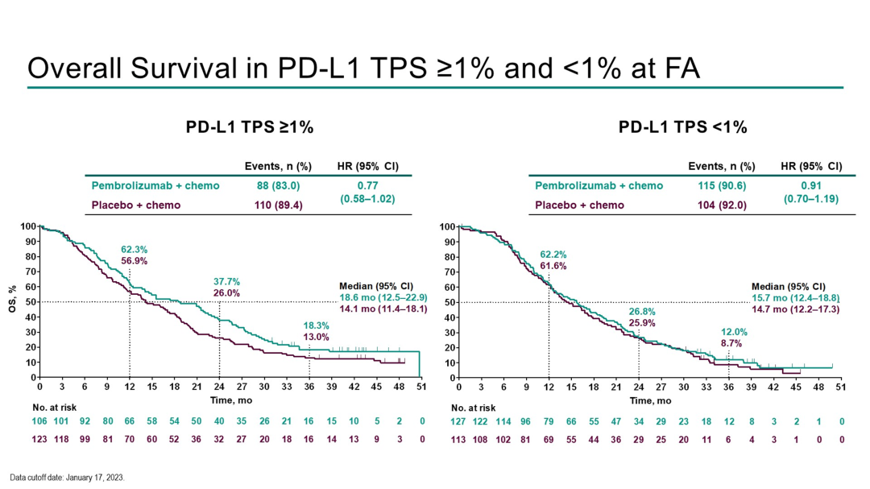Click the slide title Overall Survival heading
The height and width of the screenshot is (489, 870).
coord(363,68)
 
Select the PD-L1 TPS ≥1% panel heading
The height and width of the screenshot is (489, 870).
coord(250,127)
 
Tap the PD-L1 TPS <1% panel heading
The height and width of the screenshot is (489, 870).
coord(683,127)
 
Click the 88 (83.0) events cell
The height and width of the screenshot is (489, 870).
coord(278,186)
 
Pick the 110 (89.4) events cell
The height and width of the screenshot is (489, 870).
coord(278,205)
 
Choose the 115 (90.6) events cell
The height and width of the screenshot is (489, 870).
coord(721,186)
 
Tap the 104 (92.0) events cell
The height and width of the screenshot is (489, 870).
coord(721,205)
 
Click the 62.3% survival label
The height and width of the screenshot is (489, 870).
coord(135,250)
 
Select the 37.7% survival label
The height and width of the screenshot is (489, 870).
coord(226,281)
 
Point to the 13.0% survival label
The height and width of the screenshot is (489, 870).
coord(316,337)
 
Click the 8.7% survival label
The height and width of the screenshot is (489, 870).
coord(731,343)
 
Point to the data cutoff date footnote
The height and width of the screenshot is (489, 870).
coord(68,478)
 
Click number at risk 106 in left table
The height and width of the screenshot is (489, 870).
coord(39,421)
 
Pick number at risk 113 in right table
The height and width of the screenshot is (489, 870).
coord(458,439)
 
